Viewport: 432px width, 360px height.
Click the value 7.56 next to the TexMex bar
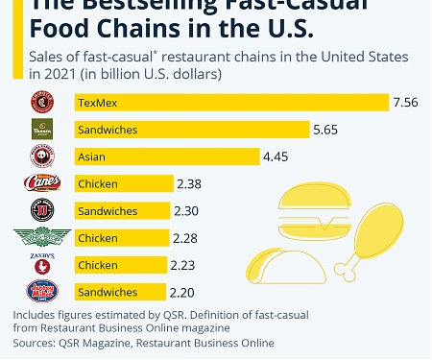(x=404, y=102)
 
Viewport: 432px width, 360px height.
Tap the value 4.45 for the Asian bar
(x=276, y=156)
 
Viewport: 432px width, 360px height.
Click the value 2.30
(x=187, y=210)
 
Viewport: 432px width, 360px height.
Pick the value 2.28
(x=186, y=237)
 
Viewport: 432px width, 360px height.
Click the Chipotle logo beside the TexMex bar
(x=40, y=102)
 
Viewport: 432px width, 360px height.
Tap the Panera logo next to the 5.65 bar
(x=40, y=129)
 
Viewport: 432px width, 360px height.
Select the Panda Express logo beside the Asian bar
(x=40, y=156)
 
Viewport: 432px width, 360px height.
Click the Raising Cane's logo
(x=40, y=183)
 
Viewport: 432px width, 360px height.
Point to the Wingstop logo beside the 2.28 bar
(x=40, y=237)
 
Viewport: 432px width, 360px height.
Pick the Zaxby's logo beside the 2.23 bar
(x=40, y=264)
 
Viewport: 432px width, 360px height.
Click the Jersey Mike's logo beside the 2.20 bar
(x=40, y=291)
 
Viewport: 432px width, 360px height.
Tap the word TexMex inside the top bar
(x=96, y=102)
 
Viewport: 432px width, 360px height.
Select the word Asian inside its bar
(x=92, y=156)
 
